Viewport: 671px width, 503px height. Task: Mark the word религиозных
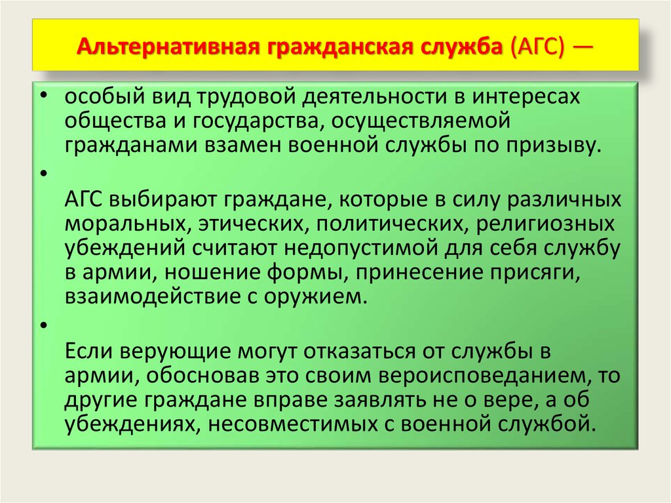click(545, 224)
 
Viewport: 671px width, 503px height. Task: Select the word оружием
click(315, 297)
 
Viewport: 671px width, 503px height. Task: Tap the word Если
click(88, 352)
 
